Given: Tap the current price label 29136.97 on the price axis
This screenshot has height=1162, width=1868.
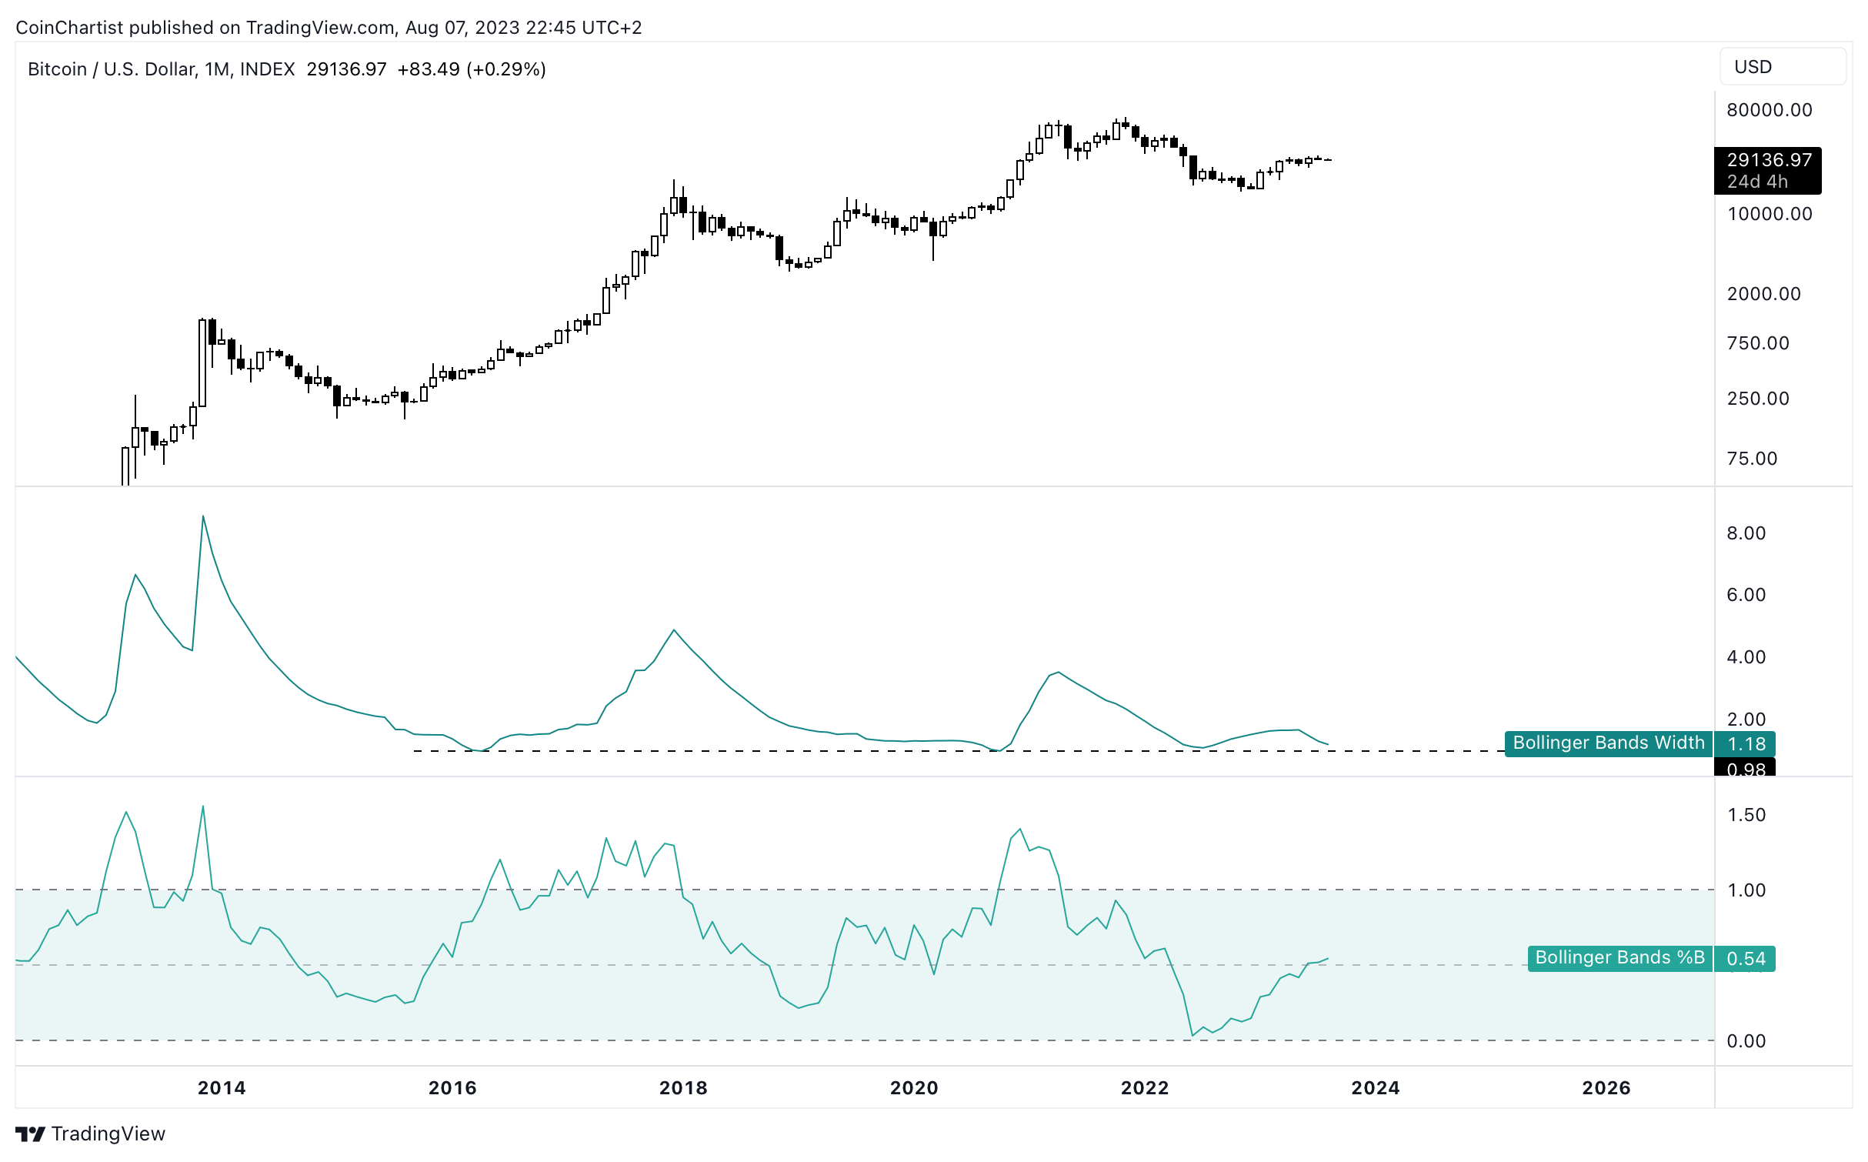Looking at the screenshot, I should (x=1768, y=161).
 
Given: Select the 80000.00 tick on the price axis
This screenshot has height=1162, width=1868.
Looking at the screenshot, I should (x=1769, y=110).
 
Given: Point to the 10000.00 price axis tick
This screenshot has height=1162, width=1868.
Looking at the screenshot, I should (x=1769, y=214).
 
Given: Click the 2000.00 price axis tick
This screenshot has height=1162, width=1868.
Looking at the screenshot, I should (x=1763, y=294).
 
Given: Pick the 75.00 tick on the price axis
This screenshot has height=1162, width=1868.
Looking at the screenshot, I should (x=1752, y=459).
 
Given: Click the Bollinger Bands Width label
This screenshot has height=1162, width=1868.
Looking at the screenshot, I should (x=1608, y=743).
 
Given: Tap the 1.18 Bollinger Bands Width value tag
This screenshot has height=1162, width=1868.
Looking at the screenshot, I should (x=1746, y=744).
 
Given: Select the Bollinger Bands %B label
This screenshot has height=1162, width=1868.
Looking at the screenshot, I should (x=1619, y=958).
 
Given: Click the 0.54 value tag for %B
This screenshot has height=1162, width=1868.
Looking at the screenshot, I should (x=1746, y=959).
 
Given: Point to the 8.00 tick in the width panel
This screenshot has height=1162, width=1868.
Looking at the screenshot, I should (x=1746, y=533).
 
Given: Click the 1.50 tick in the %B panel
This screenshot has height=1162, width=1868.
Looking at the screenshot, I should (x=1746, y=815).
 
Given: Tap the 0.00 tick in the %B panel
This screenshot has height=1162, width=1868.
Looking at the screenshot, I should (x=1746, y=1041).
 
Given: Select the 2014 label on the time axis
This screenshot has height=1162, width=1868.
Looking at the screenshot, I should (x=222, y=1088).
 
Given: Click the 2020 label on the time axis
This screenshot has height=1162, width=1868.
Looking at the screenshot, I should (x=914, y=1088).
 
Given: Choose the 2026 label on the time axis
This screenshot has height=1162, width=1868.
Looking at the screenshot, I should (x=1606, y=1088).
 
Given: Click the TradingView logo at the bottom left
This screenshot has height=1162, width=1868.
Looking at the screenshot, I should (x=90, y=1134).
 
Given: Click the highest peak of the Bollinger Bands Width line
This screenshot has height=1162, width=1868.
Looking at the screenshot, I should (x=203, y=516).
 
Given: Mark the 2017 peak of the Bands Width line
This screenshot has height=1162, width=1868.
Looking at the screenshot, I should (x=674, y=631).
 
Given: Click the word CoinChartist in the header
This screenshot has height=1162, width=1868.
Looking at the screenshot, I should (x=69, y=28).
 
